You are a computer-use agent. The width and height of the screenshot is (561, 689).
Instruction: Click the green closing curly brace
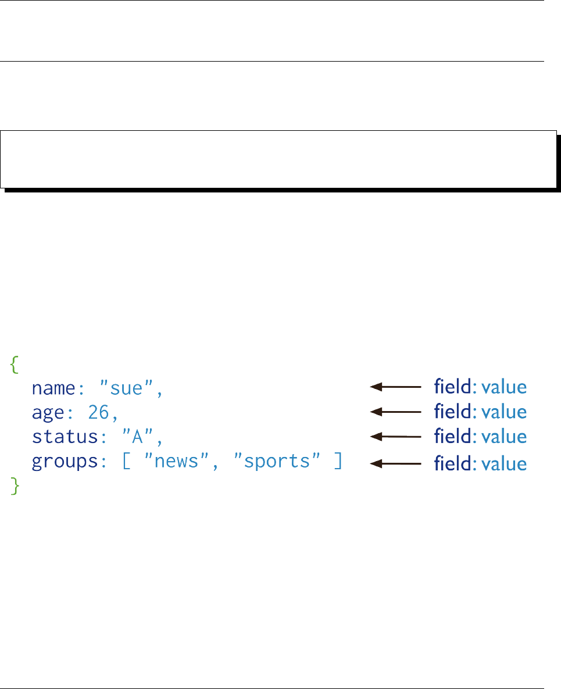[x=16, y=487]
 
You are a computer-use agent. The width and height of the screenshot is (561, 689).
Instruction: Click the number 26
[x=99, y=412]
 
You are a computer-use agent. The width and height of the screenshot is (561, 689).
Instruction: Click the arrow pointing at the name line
[x=395, y=386]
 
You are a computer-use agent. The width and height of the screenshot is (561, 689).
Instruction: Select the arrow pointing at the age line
[x=395, y=411]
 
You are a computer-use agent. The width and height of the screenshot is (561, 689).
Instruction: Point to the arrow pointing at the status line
[x=395, y=435]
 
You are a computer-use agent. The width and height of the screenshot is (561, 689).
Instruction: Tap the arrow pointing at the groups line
[x=395, y=463]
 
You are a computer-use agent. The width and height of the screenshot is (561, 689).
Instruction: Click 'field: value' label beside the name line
[x=480, y=387]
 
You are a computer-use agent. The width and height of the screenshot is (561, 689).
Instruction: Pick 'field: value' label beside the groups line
[x=480, y=463]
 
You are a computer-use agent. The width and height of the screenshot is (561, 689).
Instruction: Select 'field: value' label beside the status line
[x=480, y=436]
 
